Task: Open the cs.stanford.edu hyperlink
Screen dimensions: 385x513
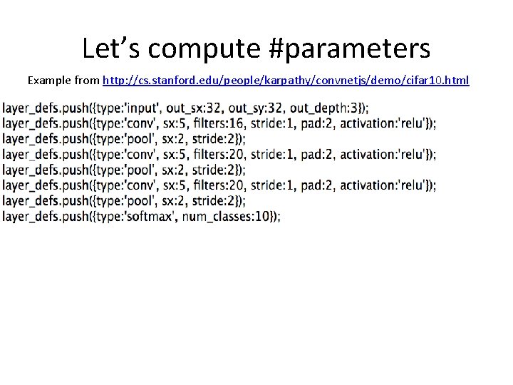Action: point(286,81)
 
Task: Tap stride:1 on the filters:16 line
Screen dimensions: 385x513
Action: point(271,123)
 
